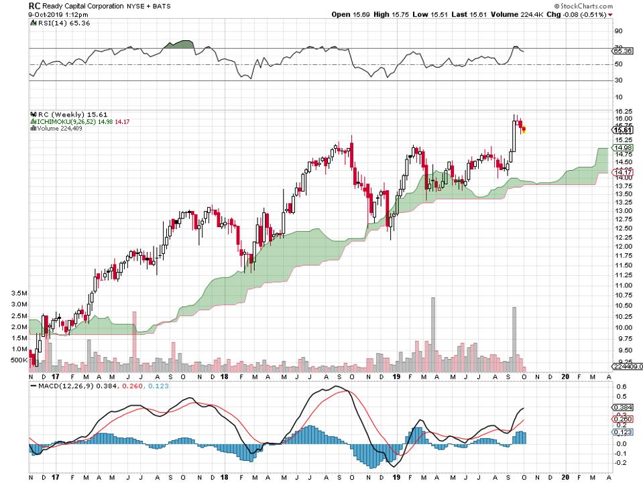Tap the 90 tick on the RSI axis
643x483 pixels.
620,31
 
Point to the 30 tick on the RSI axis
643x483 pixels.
620,80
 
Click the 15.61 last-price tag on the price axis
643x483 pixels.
624,130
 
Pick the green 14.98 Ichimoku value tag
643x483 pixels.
624,147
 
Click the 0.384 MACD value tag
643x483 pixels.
624,407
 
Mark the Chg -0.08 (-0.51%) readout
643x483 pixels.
591,15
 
